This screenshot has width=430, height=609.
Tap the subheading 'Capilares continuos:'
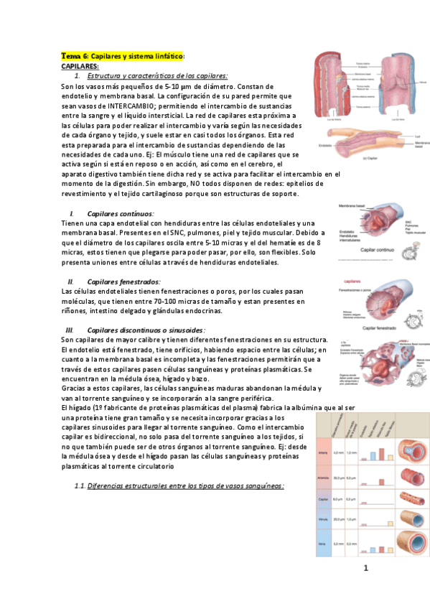click(120, 213)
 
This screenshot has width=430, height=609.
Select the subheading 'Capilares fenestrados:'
click(123, 282)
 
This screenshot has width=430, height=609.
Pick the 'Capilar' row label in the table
click(323, 499)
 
